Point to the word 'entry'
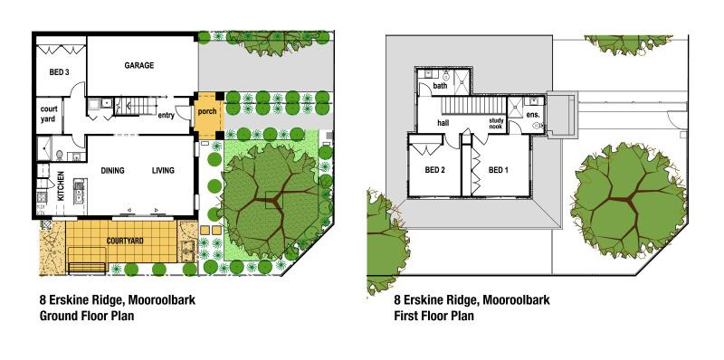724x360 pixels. (167, 116)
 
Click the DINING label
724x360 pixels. (113, 170)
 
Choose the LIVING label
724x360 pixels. (163, 170)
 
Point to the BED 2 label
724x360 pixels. (435, 170)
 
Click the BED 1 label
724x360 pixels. (499, 170)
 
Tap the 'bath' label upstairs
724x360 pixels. (441, 87)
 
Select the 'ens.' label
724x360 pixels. (533, 116)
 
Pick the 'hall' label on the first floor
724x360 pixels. (443, 122)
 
